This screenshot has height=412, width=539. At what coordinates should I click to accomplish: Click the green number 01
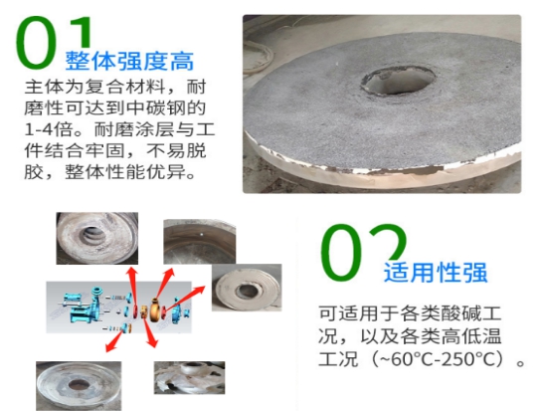[x=54, y=42]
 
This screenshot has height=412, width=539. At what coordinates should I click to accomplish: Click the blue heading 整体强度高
[x=129, y=61]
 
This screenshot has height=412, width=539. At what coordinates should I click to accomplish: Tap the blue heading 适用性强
[x=436, y=272]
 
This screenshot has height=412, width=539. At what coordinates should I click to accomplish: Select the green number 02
[x=364, y=252]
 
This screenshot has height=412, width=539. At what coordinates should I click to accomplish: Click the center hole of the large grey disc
[x=398, y=81]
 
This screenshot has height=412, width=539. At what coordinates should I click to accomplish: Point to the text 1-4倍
[x=49, y=129]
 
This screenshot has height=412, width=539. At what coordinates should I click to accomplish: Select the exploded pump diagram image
[x=119, y=308]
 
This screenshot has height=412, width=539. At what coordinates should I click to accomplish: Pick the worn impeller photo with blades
[x=189, y=377]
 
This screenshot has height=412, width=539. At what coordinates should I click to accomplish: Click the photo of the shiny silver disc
[x=79, y=385]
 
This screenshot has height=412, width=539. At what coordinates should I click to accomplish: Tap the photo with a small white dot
[x=199, y=242]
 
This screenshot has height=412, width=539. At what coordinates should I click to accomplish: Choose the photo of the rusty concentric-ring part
[x=97, y=238]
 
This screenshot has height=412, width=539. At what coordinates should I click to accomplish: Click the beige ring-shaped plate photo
[x=247, y=288]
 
